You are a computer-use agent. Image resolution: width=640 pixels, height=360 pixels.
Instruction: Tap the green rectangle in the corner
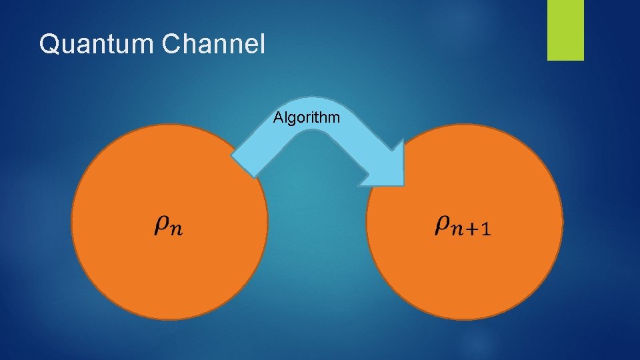565,29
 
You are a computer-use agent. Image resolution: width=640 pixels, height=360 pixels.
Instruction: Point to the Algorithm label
307,118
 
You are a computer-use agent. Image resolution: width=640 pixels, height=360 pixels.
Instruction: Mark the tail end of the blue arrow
243,163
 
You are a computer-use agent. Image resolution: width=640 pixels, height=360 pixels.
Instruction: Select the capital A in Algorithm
279,118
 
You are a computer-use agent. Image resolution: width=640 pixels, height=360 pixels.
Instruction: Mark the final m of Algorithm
334,119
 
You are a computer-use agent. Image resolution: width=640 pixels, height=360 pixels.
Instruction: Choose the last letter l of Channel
263,44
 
